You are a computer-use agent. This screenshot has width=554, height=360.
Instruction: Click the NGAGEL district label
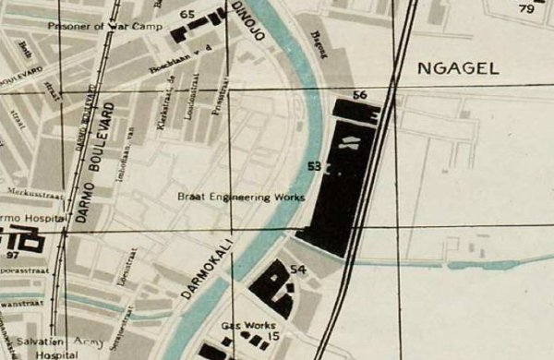[x=458, y=67]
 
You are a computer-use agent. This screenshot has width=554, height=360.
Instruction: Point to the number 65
[x=188, y=15]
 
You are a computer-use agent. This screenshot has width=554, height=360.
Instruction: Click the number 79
[x=527, y=9]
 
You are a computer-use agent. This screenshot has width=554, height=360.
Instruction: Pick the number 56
[x=360, y=94]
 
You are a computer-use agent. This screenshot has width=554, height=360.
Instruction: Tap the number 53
[x=315, y=167]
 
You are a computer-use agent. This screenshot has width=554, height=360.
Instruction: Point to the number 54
[x=297, y=269]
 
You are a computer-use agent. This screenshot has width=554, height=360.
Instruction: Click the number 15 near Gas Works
[x=274, y=336]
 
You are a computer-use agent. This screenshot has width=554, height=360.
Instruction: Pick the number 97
[x=12, y=255]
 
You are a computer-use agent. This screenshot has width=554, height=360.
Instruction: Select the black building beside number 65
[x=209, y=26]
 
